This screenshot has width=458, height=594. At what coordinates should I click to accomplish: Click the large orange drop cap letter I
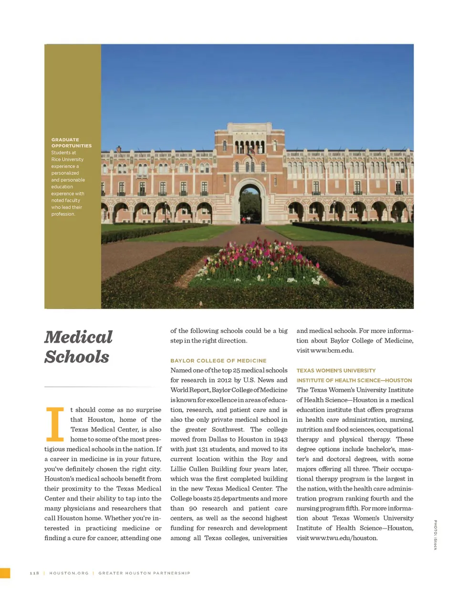[x=54, y=424]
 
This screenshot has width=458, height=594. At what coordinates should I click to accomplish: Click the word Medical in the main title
[x=79, y=337]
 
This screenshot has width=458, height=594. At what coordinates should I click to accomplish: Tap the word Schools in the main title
[x=77, y=357]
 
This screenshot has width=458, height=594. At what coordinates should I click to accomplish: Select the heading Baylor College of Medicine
[x=219, y=361]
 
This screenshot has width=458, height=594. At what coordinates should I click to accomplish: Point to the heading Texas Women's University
[x=336, y=370]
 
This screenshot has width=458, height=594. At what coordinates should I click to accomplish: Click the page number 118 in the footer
[x=34, y=573]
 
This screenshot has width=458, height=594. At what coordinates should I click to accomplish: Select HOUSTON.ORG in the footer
[x=69, y=573]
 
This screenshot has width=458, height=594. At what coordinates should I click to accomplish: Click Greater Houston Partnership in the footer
[x=144, y=573]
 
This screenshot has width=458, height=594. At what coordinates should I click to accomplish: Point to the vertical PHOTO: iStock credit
[x=435, y=534]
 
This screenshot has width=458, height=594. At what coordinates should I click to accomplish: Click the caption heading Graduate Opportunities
[x=71, y=143]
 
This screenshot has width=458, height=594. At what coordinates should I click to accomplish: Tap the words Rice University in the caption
[x=67, y=159]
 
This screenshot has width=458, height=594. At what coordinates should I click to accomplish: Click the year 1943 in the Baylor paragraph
[x=280, y=439]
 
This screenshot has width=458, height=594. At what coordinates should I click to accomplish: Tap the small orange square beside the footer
[x=5, y=573]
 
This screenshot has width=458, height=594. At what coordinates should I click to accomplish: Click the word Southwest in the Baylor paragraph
[x=228, y=429]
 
